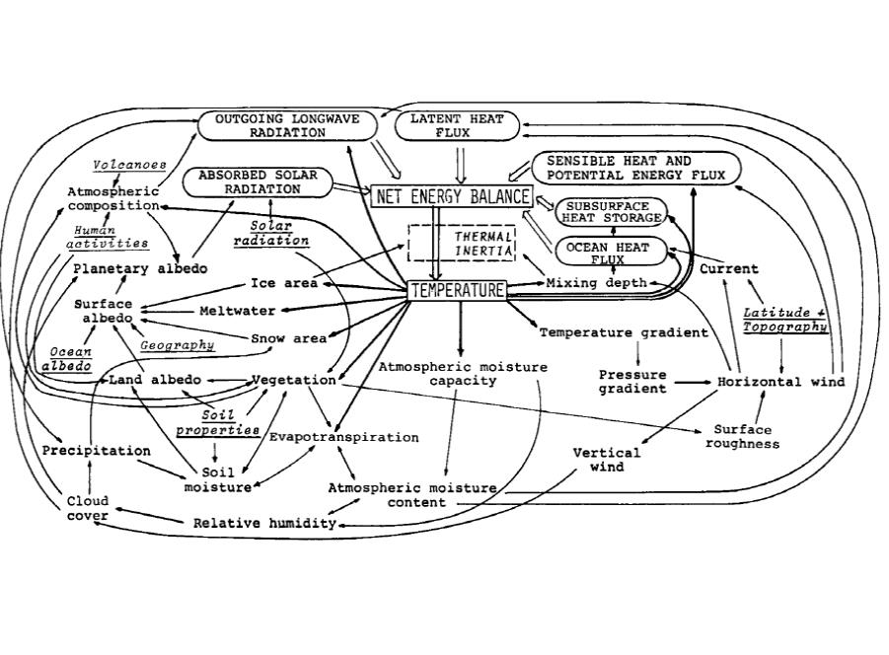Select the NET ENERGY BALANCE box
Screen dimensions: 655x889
(x=452, y=196)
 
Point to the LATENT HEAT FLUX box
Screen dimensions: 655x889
(x=456, y=125)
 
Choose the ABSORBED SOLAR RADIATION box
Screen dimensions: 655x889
(x=258, y=182)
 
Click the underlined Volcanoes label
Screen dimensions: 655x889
(x=129, y=165)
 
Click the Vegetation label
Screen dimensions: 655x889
(x=294, y=380)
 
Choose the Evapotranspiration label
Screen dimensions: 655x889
(x=344, y=437)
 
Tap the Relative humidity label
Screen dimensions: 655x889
(x=264, y=524)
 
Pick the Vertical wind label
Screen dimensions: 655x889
(x=607, y=460)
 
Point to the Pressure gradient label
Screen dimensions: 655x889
(x=632, y=382)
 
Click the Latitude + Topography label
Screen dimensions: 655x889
(x=785, y=320)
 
